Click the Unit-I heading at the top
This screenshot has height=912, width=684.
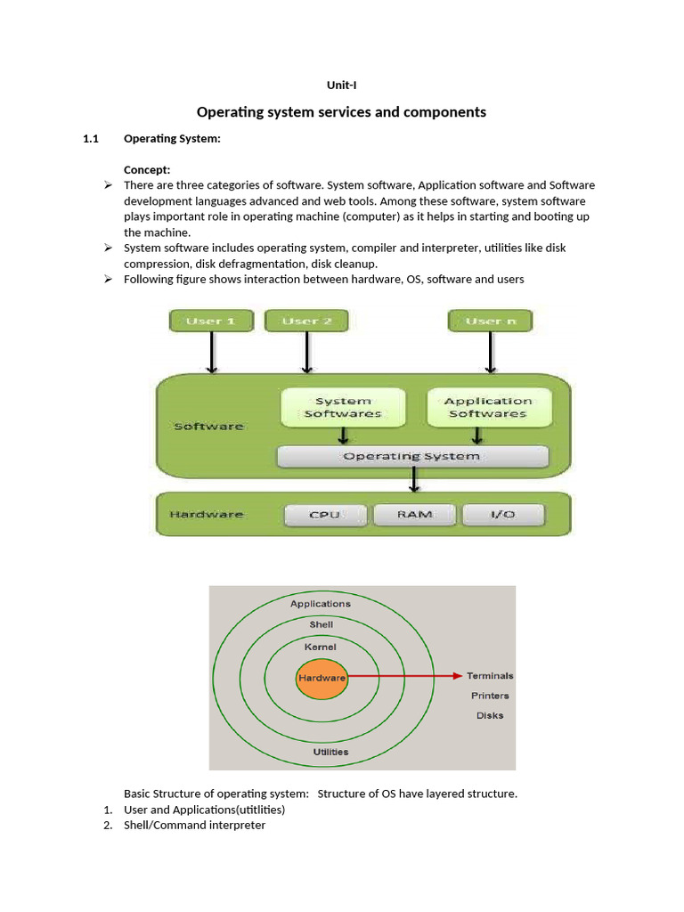point(341,85)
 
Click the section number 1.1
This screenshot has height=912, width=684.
point(89,138)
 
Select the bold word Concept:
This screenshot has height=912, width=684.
point(147,169)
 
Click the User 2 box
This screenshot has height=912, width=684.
point(306,321)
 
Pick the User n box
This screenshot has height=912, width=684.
point(489,321)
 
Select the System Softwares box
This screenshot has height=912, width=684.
point(343,407)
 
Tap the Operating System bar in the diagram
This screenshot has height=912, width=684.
point(411,456)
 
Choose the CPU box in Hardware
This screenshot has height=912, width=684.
point(324,515)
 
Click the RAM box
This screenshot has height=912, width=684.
point(414,515)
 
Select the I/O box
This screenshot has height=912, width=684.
point(502,515)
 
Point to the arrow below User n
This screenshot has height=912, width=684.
point(489,353)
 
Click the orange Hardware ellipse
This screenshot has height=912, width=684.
point(322,678)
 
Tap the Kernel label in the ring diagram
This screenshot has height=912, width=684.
point(321,646)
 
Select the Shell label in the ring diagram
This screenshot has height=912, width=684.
point(321,624)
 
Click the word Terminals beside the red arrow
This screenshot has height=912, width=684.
point(490,676)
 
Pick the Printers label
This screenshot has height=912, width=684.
point(490,696)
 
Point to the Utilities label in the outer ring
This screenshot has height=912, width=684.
point(330,752)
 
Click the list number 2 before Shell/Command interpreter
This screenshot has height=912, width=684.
point(107,826)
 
